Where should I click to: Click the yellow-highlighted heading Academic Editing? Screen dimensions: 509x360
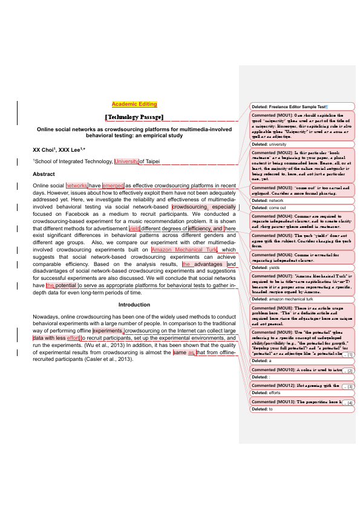click(x=134, y=104)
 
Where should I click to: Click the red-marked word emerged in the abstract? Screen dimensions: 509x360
click(x=113, y=186)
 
